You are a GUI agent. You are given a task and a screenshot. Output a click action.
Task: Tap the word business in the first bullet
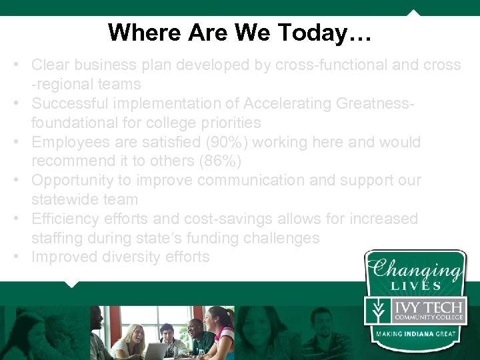tap(101, 65)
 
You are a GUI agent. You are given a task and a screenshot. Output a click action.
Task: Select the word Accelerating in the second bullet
tap(289, 103)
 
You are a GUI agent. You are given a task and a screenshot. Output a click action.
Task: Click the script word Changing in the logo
tap(416, 269)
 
